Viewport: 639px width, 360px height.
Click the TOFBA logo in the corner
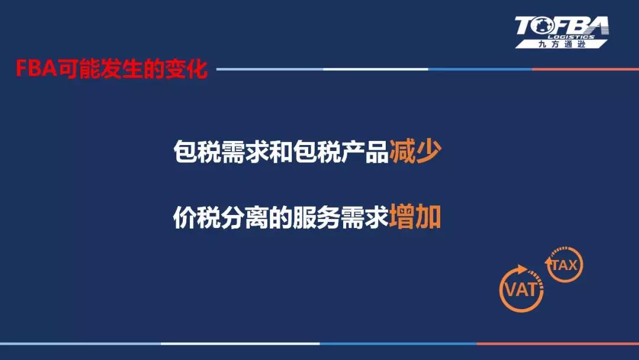[562, 32]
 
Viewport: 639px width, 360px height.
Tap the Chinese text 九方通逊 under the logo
[562, 44]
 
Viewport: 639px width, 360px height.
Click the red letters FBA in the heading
[36, 69]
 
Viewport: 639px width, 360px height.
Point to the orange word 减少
[415, 152]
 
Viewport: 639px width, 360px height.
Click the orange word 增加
[415, 217]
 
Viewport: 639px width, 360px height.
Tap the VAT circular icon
[521, 289]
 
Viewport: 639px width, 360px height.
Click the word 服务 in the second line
[317, 217]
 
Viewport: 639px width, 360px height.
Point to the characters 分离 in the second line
[244, 217]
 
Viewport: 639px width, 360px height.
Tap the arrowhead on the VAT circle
[522, 269]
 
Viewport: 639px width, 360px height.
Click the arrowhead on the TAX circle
[548, 261]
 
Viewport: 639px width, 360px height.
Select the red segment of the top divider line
[586, 69]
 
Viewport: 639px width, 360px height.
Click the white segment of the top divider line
[375, 69]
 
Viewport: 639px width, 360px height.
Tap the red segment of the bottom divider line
[558, 343]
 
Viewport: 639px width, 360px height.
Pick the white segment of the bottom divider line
[240, 343]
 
